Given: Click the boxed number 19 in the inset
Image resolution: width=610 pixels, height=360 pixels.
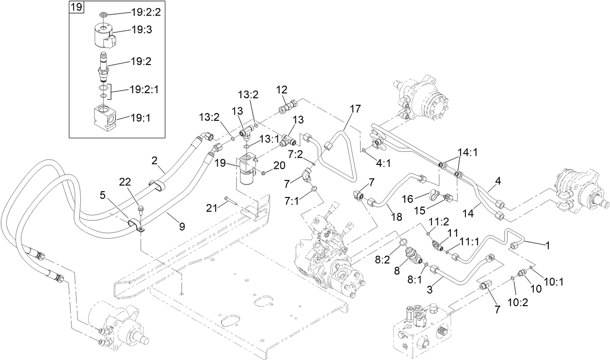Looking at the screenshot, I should point(77,7).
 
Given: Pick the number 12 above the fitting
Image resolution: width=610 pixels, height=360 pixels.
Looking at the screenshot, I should point(282,89).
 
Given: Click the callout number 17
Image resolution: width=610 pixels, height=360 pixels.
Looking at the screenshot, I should point(355,109).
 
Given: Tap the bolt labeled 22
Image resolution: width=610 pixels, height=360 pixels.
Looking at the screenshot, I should point(141,210).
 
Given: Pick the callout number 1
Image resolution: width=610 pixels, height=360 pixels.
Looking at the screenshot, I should point(547,245).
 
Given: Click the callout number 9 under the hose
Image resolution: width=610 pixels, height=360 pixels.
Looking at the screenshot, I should point(182,226).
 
